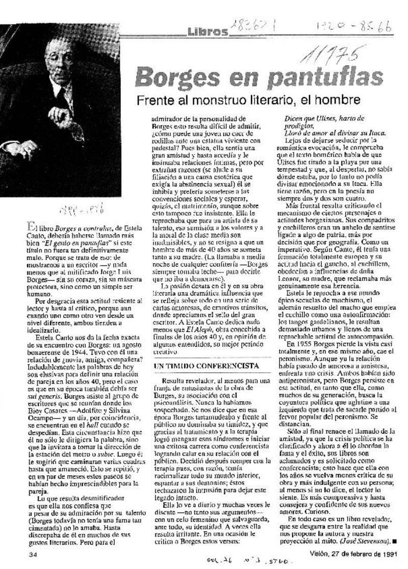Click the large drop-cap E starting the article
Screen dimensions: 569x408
pyautogui.click(x=32, y=231)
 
